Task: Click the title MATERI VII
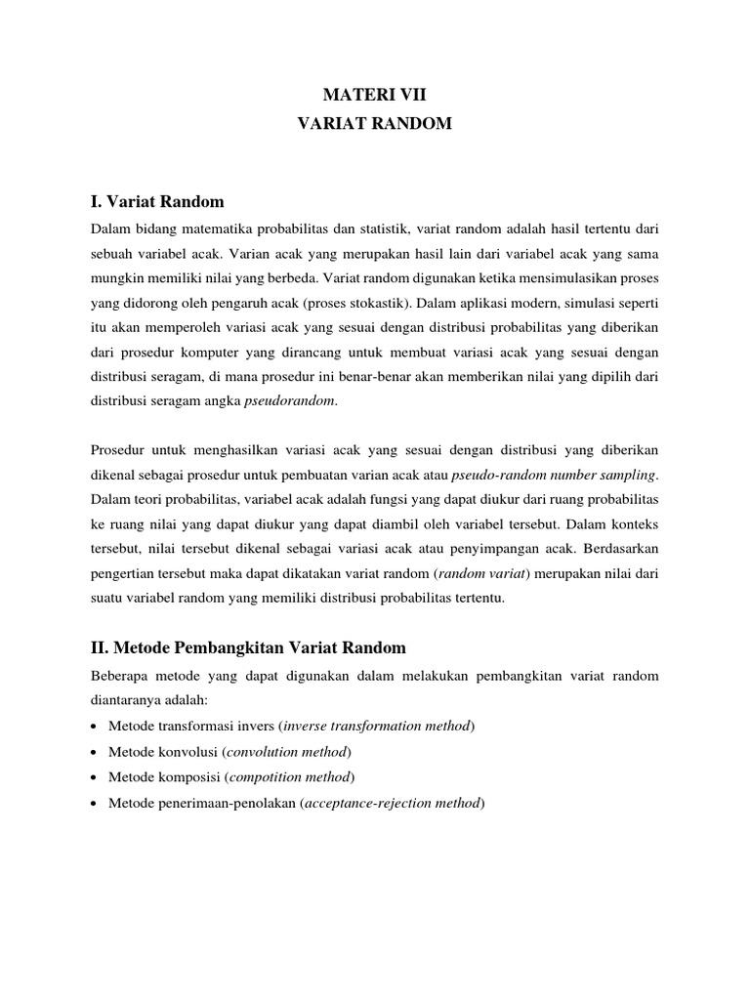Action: pyautogui.click(x=375, y=95)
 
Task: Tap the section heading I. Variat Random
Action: pyautogui.click(x=157, y=202)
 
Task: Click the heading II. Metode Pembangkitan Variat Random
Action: pyautogui.click(x=247, y=647)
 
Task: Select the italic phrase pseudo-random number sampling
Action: pyautogui.click(x=555, y=476)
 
